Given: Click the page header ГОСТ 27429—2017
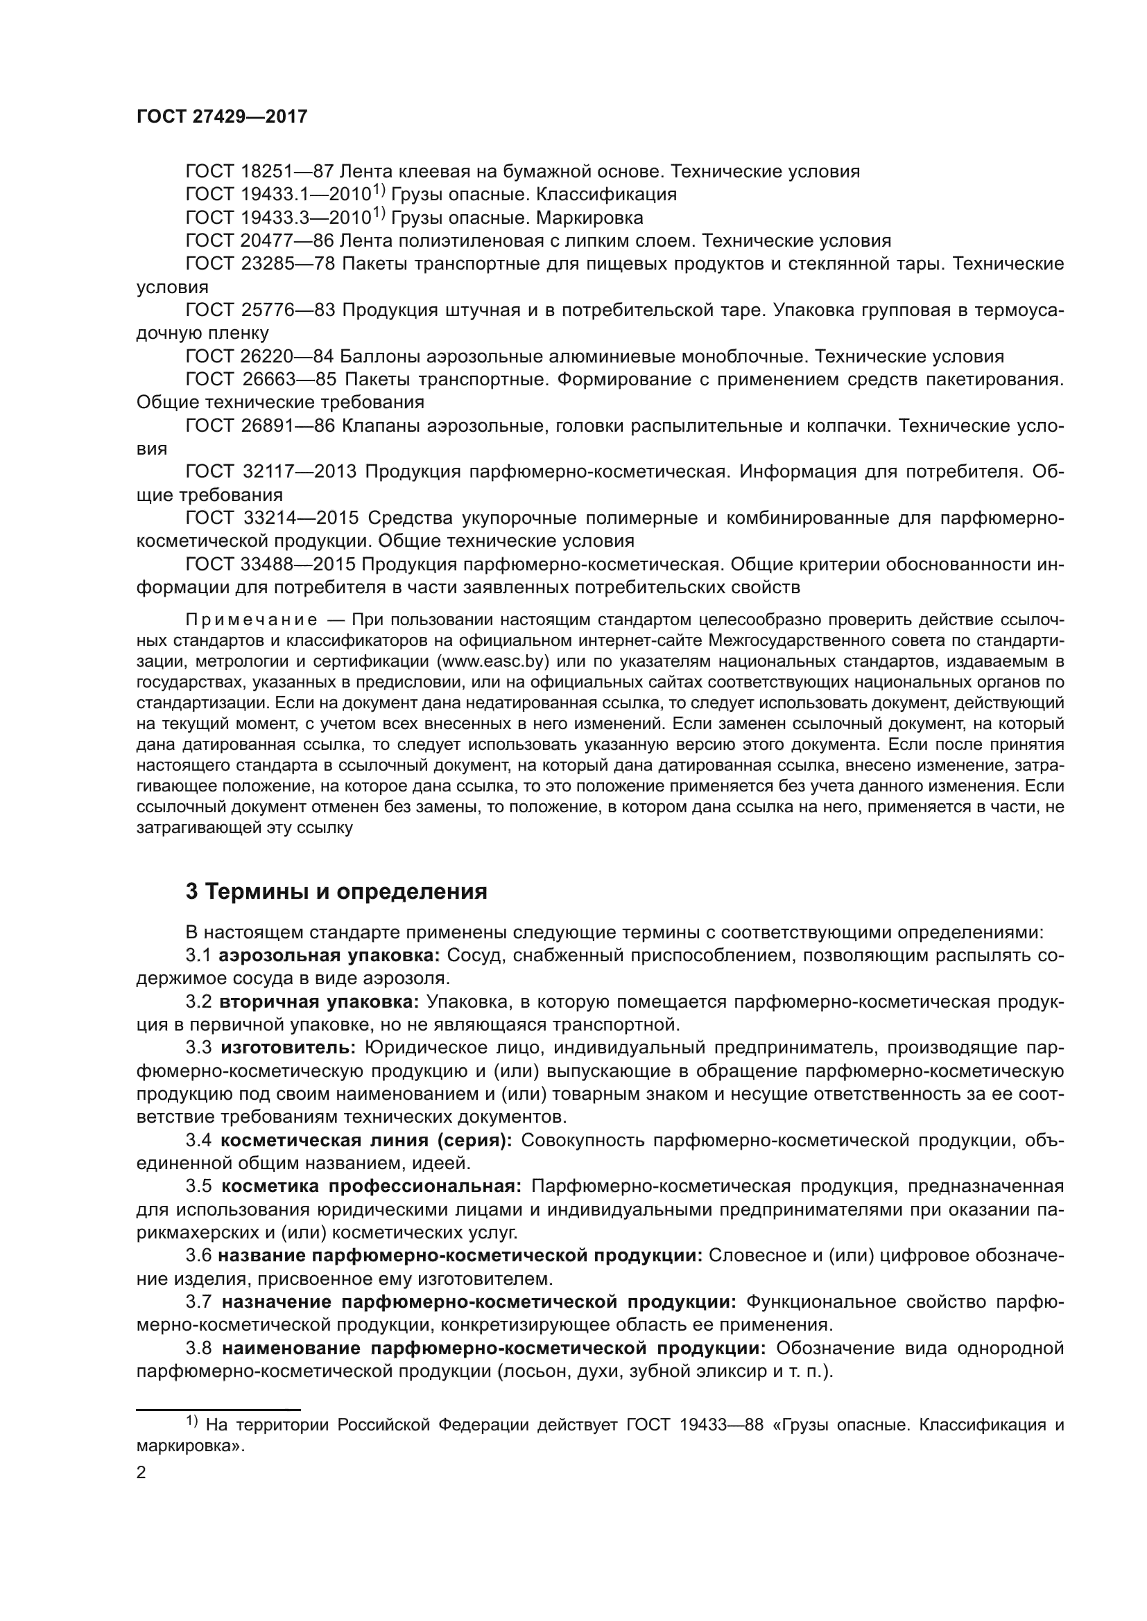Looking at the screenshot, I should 222,116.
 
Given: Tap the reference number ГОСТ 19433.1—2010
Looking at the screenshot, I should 278,194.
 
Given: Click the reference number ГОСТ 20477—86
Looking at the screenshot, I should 259,240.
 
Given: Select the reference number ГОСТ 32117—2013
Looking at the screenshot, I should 271,471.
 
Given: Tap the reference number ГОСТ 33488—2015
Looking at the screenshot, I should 271,564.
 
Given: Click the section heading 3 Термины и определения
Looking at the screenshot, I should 336,892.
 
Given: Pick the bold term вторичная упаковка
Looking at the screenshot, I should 319,1002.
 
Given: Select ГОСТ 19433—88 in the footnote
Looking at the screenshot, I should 694,1425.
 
